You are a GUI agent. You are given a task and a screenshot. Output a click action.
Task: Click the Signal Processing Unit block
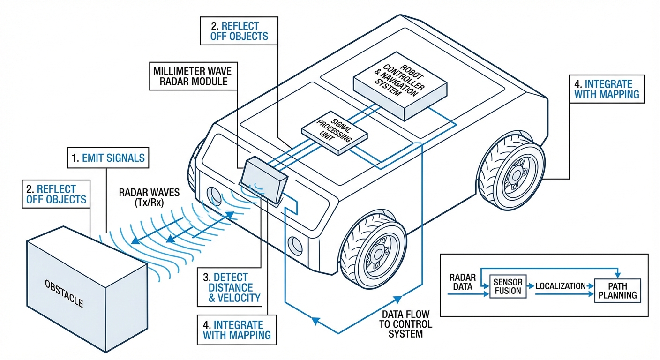coord(334,134)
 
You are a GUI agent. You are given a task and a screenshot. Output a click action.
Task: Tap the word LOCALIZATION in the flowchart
coord(560,286)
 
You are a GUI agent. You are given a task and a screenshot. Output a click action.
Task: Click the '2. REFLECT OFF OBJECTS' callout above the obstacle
coord(56,194)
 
